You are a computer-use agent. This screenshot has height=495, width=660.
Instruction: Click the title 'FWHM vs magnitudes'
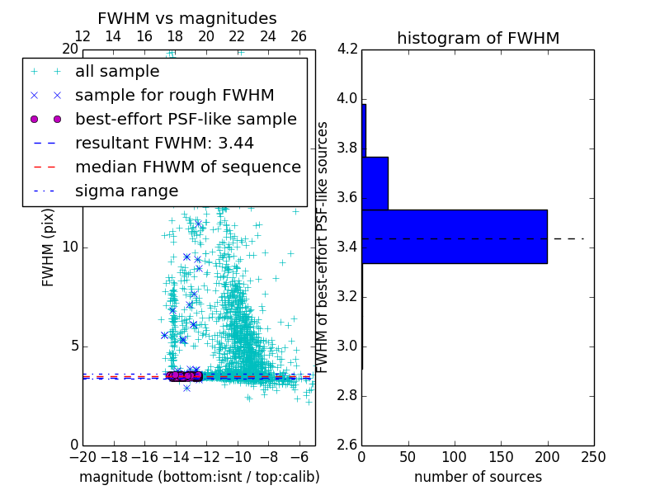pyautogui.click(x=187, y=18)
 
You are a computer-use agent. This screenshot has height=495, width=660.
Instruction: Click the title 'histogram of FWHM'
pyautogui.click(x=478, y=38)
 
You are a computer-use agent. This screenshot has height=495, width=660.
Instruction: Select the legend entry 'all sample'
pyautogui.click(x=117, y=72)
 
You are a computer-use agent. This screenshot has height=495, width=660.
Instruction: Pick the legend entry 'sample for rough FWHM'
pyautogui.click(x=174, y=95)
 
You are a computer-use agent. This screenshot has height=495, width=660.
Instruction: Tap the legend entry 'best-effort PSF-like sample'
pyautogui.click(x=186, y=119)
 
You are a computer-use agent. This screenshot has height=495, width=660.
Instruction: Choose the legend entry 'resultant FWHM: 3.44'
pyautogui.click(x=164, y=143)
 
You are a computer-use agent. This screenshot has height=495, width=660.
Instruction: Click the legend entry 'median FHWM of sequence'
pyautogui.click(x=187, y=167)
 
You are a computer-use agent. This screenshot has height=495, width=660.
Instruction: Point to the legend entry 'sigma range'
pyautogui.click(x=126, y=191)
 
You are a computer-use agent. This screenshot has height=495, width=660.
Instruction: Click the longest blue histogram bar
pyautogui.click(x=455, y=237)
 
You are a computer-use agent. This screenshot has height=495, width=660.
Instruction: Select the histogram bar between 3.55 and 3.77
pyautogui.click(x=375, y=183)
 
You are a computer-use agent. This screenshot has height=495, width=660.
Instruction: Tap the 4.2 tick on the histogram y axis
pyautogui.click(x=347, y=49)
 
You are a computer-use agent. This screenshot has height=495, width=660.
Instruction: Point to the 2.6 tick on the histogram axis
pyautogui.click(x=347, y=445)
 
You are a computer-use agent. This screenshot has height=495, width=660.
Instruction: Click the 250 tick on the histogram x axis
pyautogui.click(x=593, y=456)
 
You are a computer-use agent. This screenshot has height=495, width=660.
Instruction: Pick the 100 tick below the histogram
pyautogui.click(x=455, y=456)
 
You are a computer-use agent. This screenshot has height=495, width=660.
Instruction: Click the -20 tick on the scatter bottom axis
pyautogui.click(x=82, y=456)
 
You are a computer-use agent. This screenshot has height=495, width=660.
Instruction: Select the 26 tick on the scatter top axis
pyautogui.click(x=299, y=36)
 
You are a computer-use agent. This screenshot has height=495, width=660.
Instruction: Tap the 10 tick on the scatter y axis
pyautogui.click(x=70, y=247)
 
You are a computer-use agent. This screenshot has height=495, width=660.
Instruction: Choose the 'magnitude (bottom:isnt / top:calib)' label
pyautogui.click(x=199, y=477)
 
